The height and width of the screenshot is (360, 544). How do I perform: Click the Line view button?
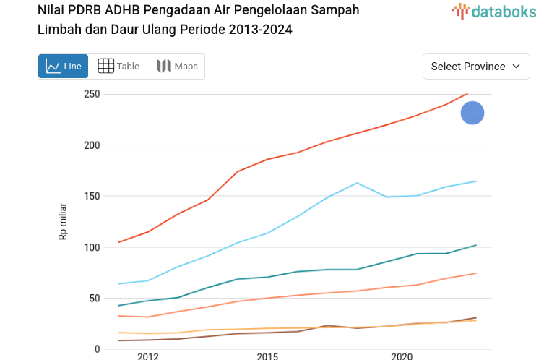[63, 67]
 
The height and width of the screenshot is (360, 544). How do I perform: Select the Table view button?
[118, 67]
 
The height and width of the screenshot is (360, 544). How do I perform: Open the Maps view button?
[177, 67]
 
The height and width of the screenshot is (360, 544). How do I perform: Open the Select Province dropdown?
[475, 67]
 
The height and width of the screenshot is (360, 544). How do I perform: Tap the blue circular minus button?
[472, 113]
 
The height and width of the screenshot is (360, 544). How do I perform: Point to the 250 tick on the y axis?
[90, 94]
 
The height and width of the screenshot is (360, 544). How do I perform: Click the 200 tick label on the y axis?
[90, 145]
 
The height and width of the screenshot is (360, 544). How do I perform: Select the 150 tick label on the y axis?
[90, 196]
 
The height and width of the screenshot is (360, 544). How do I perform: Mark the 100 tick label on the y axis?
[90, 247]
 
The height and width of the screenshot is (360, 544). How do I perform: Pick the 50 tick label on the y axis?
[93, 298]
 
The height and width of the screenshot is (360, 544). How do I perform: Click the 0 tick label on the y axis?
[96, 349]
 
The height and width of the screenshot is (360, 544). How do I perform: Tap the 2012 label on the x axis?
[148, 356]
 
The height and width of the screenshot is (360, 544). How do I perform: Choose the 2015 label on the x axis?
[267, 356]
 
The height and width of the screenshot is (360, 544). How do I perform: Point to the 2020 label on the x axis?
[402, 356]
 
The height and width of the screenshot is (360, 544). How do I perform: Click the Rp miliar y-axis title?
[63, 221]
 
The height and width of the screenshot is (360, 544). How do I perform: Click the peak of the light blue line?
[358, 183]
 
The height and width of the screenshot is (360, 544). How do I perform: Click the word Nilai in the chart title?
[51, 10]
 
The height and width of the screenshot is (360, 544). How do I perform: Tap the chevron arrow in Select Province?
[516, 67]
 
